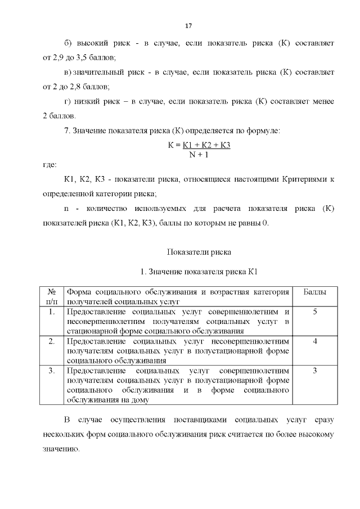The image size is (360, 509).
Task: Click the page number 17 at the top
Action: [188, 26]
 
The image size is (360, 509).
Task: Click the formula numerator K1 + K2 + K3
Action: [207, 145]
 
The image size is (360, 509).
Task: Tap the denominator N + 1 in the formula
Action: [199, 155]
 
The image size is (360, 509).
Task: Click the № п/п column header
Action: [51, 296]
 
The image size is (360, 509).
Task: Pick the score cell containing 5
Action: [314, 312]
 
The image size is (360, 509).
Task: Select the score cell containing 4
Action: [314, 341]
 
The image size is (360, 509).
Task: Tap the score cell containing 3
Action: [314, 371]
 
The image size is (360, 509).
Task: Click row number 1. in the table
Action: [51, 312]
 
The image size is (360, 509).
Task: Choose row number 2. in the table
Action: [51, 341]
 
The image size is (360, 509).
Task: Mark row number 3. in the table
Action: [51, 371]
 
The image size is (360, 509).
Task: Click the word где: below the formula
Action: [50, 165]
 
